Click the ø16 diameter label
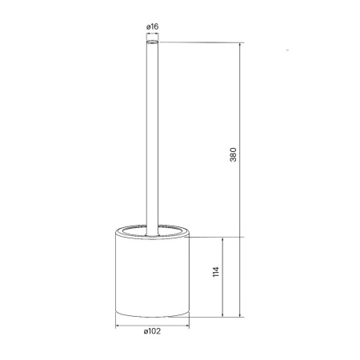click(x=152, y=26)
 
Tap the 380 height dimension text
click(x=233, y=154)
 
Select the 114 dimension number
click(x=216, y=272)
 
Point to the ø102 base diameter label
click(x=152, y=331)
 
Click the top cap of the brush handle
click(x=152, y=42)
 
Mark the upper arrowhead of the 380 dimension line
click(x=240, y=45)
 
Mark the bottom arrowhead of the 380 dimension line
click(x=240, y=315)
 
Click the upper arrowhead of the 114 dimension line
click(x=222, y=239)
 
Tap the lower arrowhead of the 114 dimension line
click(x=222, y=315)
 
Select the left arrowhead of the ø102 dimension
click(x=118, y=326)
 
